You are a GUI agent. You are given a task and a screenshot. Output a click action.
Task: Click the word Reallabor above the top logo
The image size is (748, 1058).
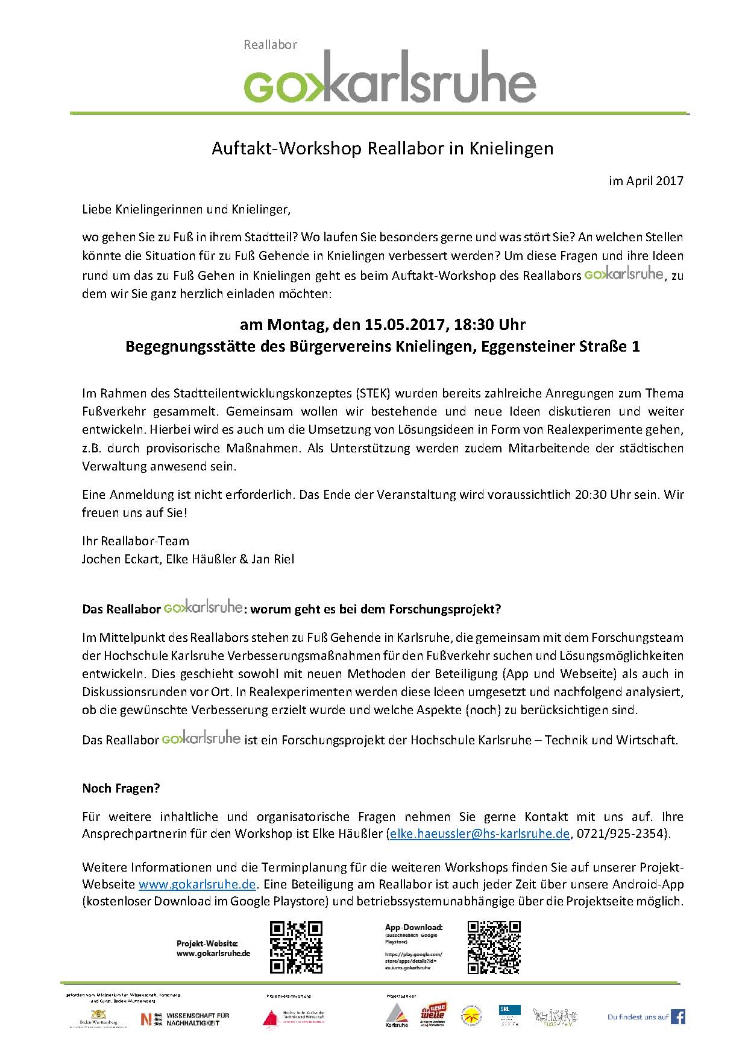tap(270, 45)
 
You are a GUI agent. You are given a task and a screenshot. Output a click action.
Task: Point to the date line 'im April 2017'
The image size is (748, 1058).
tap(646, 181)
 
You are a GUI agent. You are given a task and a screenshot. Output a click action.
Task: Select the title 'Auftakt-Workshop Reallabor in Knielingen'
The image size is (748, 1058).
tap(382, 148)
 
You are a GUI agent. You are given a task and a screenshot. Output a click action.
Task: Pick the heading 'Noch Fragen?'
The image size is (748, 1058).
tap(121, 788)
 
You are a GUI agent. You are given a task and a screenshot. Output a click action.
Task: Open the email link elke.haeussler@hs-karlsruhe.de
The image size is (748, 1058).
tap(480, 834)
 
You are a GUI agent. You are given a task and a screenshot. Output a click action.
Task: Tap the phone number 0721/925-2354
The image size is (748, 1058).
tap(621, 834)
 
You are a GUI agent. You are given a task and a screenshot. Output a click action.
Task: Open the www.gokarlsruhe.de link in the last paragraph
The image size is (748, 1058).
tap(198, 885)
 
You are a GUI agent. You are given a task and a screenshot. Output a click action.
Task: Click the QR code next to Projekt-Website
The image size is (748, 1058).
tap(296, 948)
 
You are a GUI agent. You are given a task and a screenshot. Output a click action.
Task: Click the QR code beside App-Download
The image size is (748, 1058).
tap(494, 948)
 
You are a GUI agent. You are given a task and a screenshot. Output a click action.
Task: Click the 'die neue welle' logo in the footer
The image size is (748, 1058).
tap(432, 1016)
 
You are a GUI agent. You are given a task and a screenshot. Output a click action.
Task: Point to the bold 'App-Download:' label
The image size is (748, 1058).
tap(413, 927)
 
